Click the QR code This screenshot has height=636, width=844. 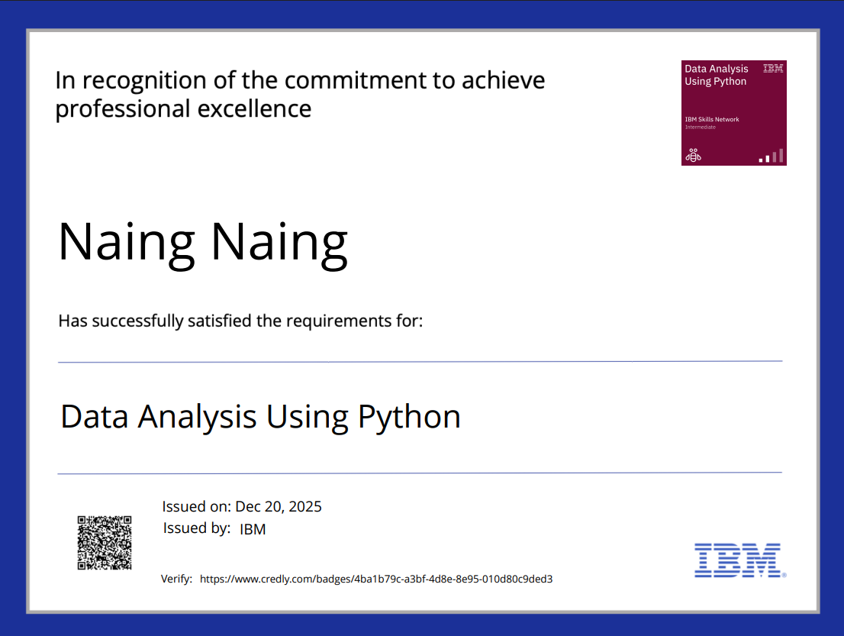click(x=105, y=543)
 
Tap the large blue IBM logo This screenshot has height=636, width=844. click(x=738, y=560)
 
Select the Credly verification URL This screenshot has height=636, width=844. click(x=376, y=580)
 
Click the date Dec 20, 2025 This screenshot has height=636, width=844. click(x=279, y=506)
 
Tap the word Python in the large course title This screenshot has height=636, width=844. click(x=409, y=417)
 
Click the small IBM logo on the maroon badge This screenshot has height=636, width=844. click(x=773, y=69)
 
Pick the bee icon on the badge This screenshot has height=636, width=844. click(x=693, y=156)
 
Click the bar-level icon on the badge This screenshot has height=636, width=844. click(x=771, y=156)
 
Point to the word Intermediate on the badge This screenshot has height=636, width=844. click(x=700, y=128)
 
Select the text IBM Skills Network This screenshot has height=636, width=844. click(x=711, y=119)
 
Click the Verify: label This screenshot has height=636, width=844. click(x=176, y=580)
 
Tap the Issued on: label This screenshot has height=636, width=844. click(x=196, y=506)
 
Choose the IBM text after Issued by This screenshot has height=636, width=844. click(x=253, y=529)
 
